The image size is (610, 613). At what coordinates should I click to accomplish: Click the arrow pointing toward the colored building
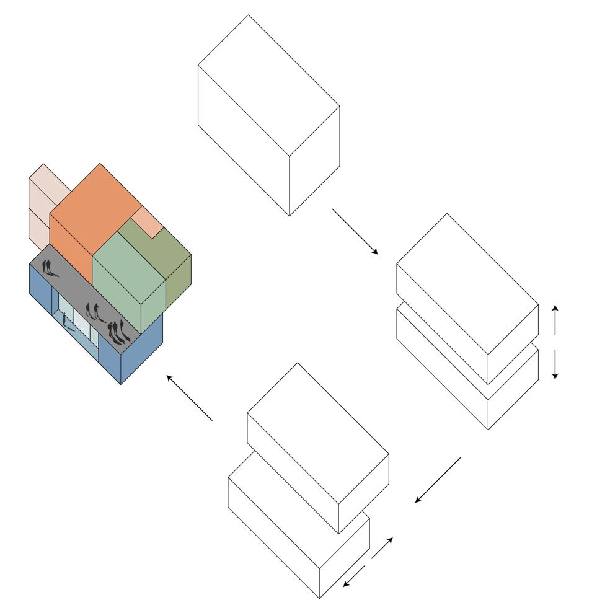(x=189, y=397)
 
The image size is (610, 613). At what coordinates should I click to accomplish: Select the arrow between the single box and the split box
(x=355, y=231)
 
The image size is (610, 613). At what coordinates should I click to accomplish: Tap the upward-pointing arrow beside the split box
(x=555, y=319)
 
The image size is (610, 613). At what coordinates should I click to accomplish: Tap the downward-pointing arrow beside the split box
(x=555, y=364)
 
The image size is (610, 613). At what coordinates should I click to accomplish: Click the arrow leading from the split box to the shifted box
(x=438, y=480)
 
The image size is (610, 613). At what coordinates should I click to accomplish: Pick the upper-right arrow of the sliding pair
(x=382, y=548)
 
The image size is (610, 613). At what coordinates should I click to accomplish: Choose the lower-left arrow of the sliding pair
(x=354, y=577)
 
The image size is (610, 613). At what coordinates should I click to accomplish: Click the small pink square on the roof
(x=148, y=221)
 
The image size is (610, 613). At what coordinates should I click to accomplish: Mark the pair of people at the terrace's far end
(x=48, y=268)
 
